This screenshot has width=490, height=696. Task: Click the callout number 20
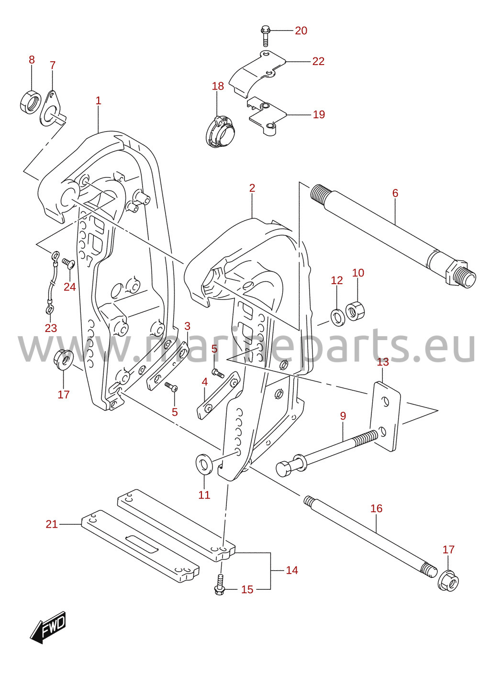click(x=301, y=31)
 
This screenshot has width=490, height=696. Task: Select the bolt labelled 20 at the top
click(x=265, y=36)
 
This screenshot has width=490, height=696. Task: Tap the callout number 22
click(x=318, y=61)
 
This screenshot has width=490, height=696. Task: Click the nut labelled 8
click(x=30, y=101)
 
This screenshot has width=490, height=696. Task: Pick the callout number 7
click(x=53, y=65)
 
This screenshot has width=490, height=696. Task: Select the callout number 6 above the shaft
click(x=395, y=193)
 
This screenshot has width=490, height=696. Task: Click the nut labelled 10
click(x=356, y=310)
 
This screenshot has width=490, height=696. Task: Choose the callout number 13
click(x=383, y=362)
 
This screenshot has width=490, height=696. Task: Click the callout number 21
click(x=52, y=524)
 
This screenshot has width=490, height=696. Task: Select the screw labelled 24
click(x=68, y=263)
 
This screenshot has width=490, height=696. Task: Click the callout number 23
click(x=51, y=328)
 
